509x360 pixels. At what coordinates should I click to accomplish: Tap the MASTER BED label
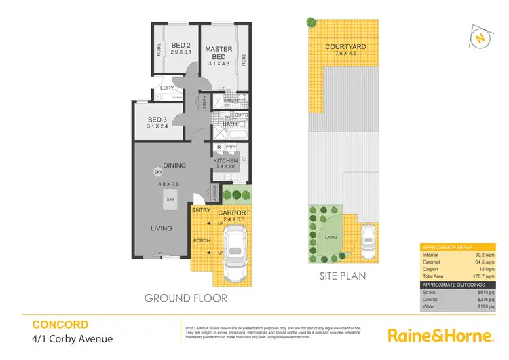219,53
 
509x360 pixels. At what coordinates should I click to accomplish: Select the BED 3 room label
157,121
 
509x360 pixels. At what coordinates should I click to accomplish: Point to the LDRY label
166,88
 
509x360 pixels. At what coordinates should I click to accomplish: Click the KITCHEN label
225,160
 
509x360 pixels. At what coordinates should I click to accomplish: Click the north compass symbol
480,39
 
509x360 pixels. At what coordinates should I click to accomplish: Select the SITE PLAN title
343,276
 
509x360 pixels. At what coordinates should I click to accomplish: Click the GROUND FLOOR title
185,298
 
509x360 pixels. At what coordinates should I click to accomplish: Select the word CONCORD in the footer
60,325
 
